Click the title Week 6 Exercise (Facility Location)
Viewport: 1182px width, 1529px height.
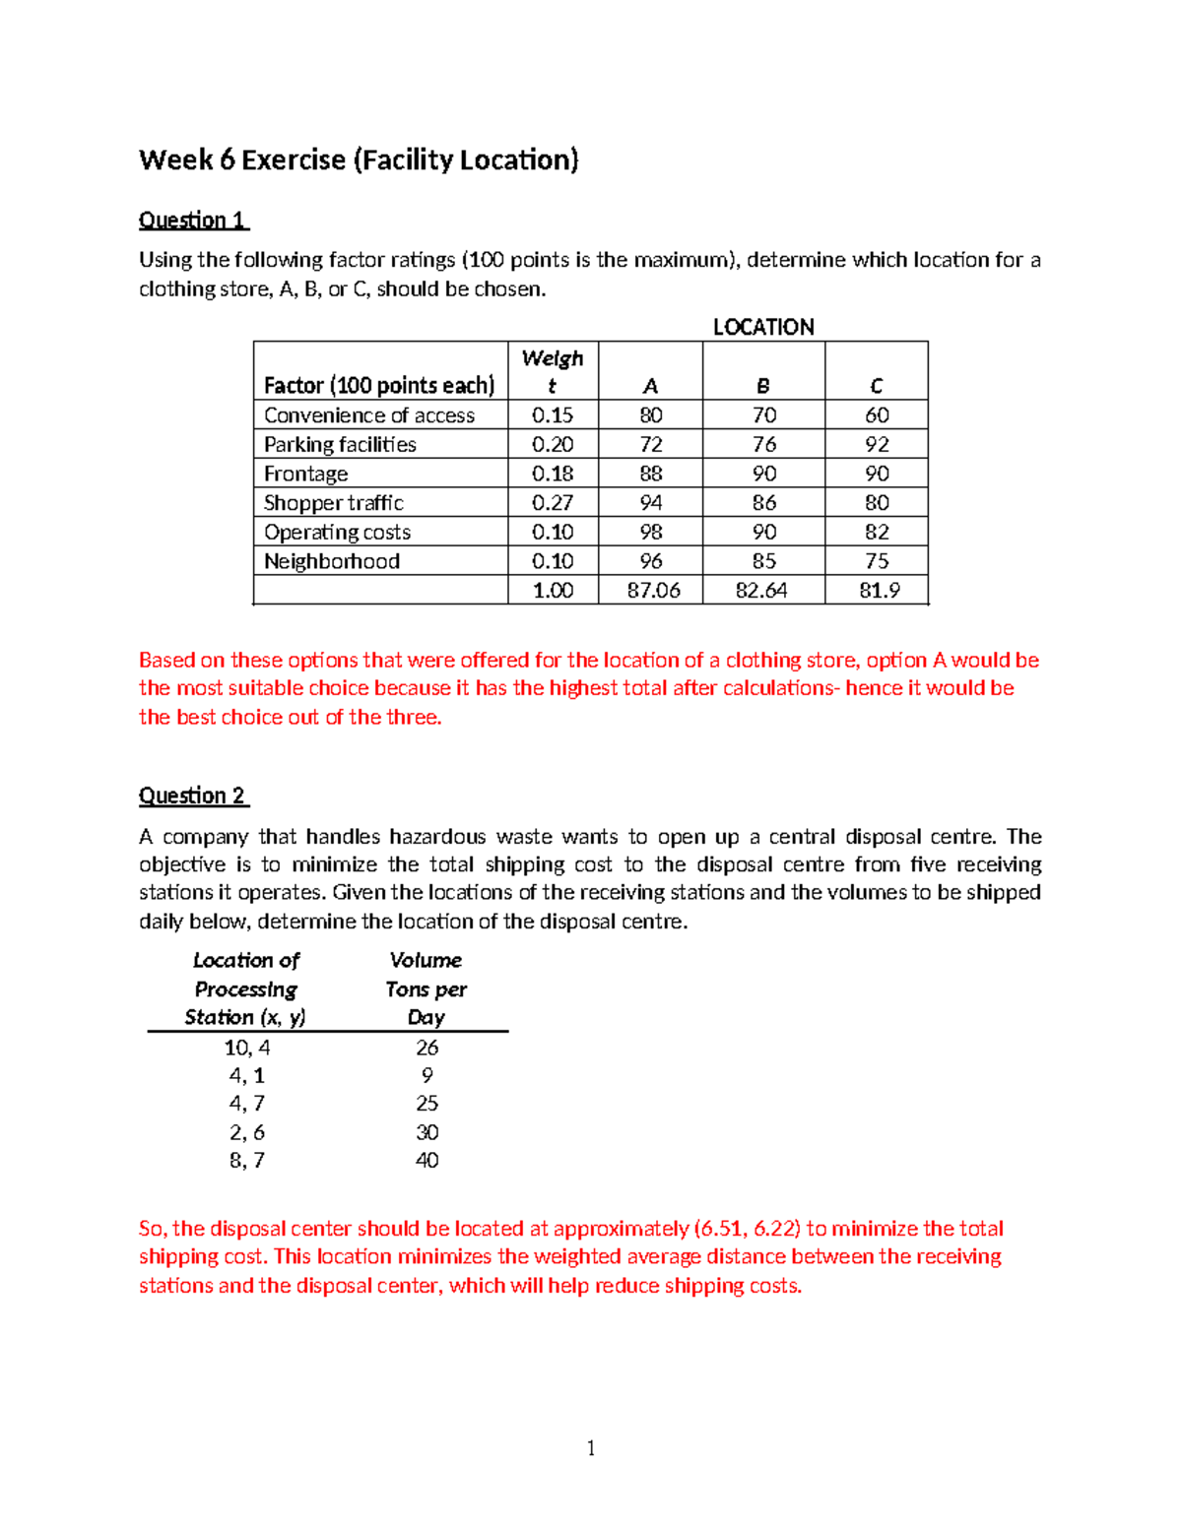(x=359, y=159)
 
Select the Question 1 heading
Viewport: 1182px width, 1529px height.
(x=192, y=220)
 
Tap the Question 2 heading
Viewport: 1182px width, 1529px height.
(x=192, y=796)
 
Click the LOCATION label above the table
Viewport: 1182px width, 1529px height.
(x=763, y=327)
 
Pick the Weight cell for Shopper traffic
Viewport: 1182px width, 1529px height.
(x=553, y=503)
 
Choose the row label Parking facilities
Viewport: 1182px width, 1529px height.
(x=340, y=445)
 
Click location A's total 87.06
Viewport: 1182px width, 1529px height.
(x=653, y=591)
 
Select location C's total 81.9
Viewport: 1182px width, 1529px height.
(x=879, y=591)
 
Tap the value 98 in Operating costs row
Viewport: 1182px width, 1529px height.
(x=651, y=533)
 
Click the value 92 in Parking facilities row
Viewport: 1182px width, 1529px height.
(x=877, y=445)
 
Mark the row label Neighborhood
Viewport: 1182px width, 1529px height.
(x=332, y=561)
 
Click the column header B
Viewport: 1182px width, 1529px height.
(x=763, y=386)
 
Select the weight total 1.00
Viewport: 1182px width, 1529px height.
(x=553, y=591)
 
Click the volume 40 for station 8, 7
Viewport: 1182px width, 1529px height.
(x=427, y=1161)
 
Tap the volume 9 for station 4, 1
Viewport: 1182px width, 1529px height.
(x=427, y=1076)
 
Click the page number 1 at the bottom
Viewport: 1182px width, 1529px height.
(x=591, y=1447)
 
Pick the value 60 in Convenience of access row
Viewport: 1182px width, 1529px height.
(x=877, y=415)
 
